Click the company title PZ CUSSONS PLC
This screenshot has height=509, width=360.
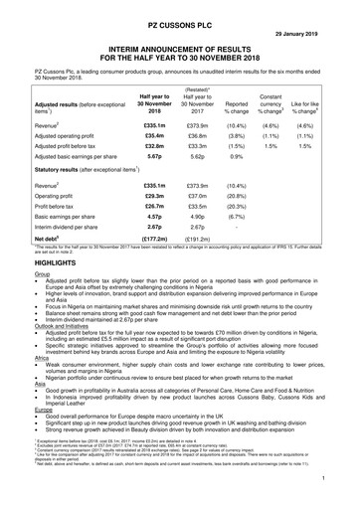tap(180, 10)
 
